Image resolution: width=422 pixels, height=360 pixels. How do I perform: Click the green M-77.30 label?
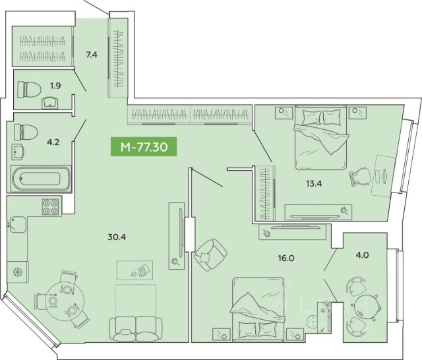coord(144,146)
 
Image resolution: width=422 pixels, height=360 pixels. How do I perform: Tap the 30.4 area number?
coord(117,237)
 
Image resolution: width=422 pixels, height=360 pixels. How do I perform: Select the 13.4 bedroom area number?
coord(314,183)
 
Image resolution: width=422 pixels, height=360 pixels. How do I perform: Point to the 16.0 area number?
coord(286,258)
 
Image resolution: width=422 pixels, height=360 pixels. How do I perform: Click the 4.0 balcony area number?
coord(362,255)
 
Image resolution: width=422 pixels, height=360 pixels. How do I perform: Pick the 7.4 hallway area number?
coord(92,55)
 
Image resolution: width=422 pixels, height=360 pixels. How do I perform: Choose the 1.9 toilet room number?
coord(55,86)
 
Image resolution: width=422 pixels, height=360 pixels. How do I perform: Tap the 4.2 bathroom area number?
coord(53,142)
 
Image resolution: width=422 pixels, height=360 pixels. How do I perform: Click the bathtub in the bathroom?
coord(41,179)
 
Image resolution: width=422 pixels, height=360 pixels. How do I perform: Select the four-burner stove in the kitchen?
coord(50,207)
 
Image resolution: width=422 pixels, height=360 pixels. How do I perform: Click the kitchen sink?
coord(18,225)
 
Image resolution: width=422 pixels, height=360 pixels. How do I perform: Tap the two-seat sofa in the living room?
coord(136,329)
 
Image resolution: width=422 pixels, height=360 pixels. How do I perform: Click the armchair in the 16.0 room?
coord(210,255)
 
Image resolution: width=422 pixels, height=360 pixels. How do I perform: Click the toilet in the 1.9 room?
coord(29,90)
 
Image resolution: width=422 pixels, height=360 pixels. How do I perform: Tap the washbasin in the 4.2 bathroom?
coord(18,152)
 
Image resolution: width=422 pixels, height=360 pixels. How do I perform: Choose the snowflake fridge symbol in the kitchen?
coord(18,272)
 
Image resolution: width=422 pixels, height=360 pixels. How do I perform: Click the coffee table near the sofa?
coord(135,270)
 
